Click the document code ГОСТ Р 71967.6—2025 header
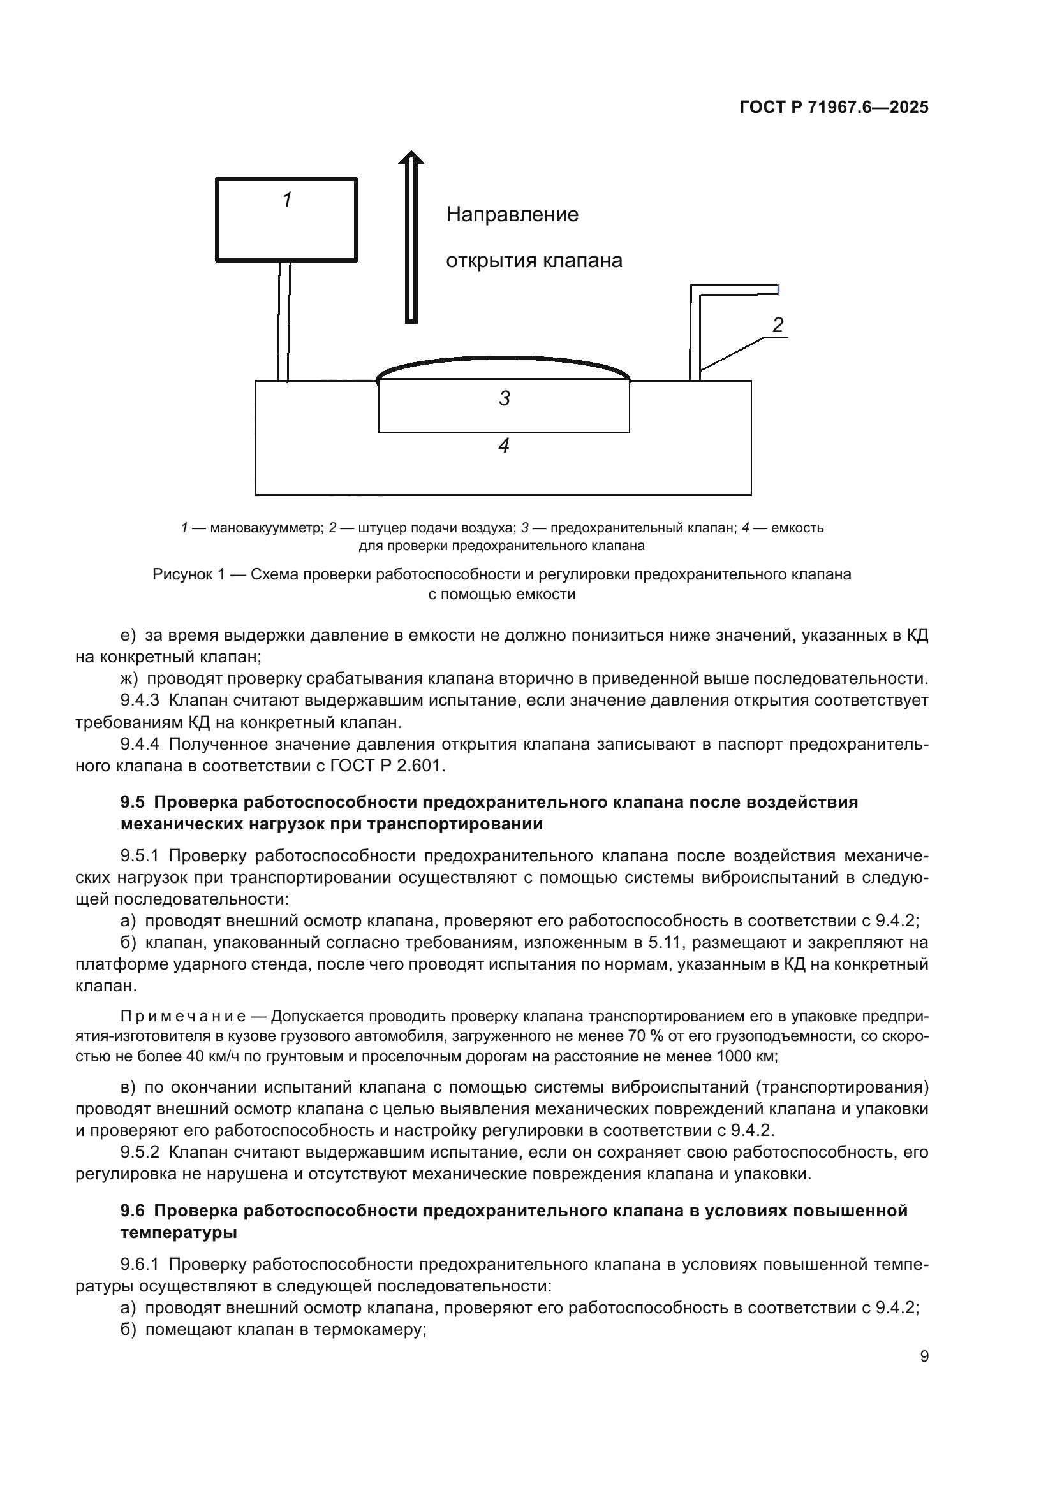click(834, 108)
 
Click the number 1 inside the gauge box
click(287, 200)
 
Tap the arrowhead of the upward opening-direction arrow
click(411, 158)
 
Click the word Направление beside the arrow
click(512, 214)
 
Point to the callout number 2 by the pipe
click(778, 324)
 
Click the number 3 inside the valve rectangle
click(504, 398)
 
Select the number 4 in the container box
click(503, 446)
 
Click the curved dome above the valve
click(503, 359)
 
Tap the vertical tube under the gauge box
click(283, 321)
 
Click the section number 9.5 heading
click(133, 802)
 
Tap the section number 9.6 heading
click(133, 1211)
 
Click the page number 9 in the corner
click(924, 1356)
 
